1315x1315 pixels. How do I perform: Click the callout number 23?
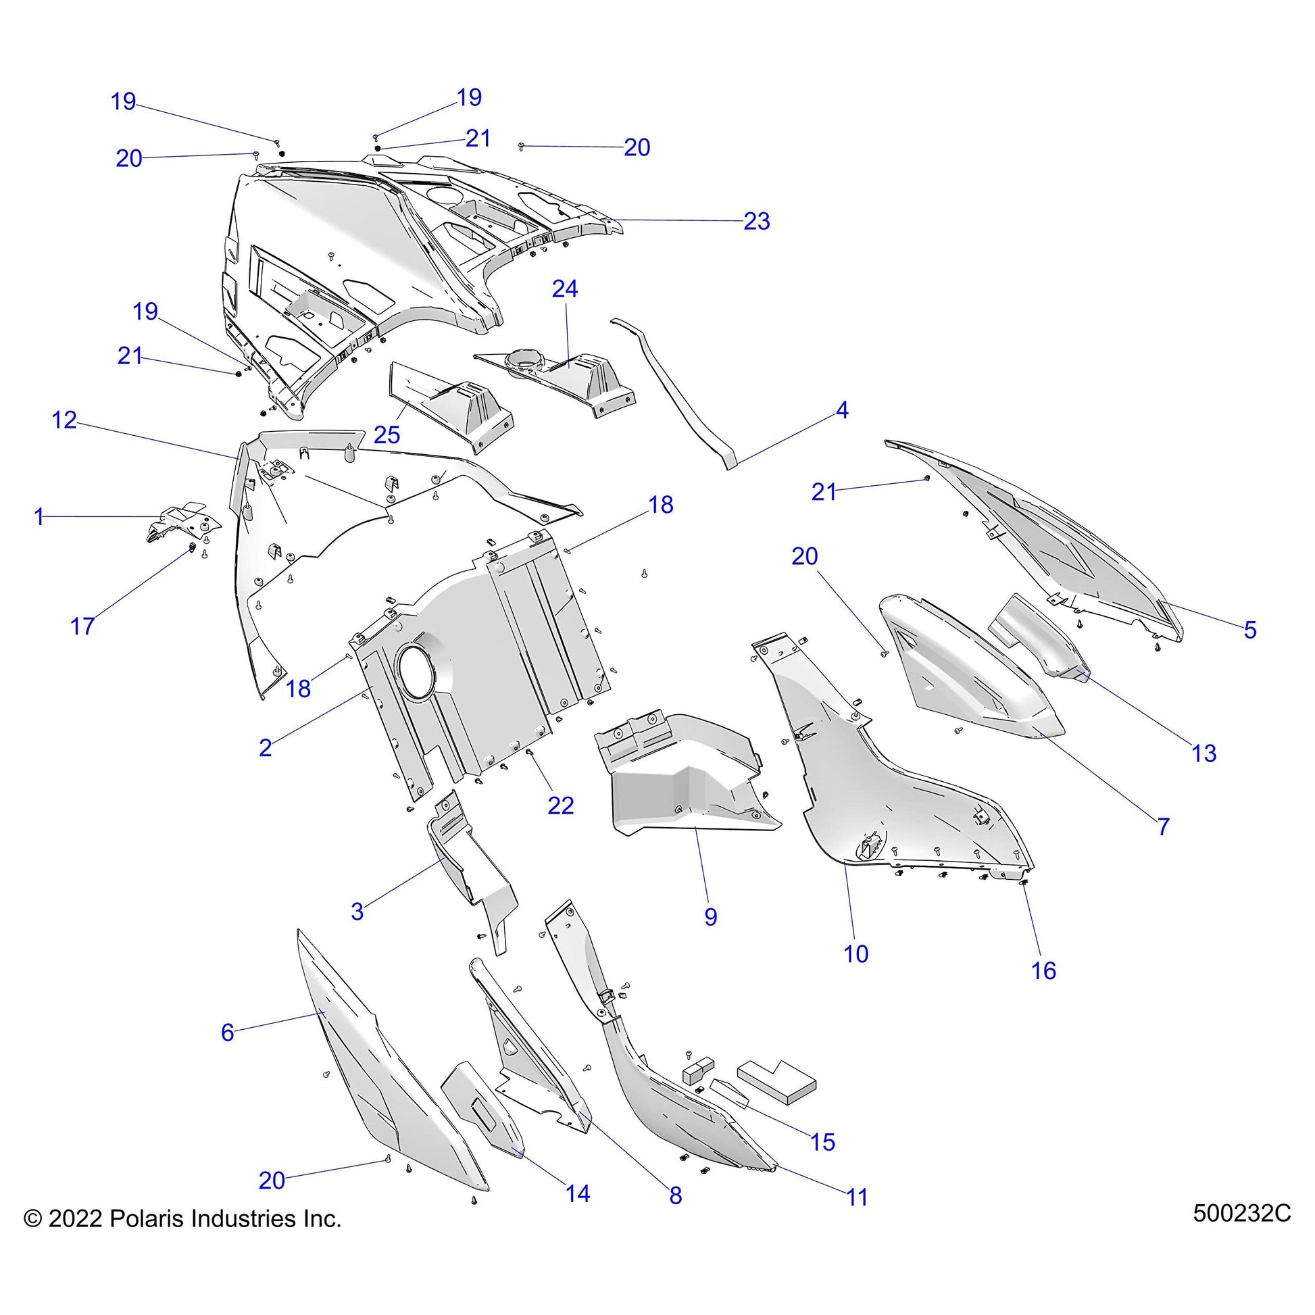[x=756, y=221]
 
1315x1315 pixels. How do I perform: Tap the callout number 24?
[x=564, y=289]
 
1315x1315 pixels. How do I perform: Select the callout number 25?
[x=387, y=435]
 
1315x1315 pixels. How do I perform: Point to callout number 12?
[x=65, y=420]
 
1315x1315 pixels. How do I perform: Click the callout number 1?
[x=39, y=518]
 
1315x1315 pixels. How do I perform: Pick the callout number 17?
[x=82, y=626]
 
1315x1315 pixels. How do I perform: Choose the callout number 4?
[x=841, y=410]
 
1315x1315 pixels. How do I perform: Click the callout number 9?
[x=710, y=917]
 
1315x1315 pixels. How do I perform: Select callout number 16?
[x=1043, y=970]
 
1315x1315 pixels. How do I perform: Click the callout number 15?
[x=822, y=1142]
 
